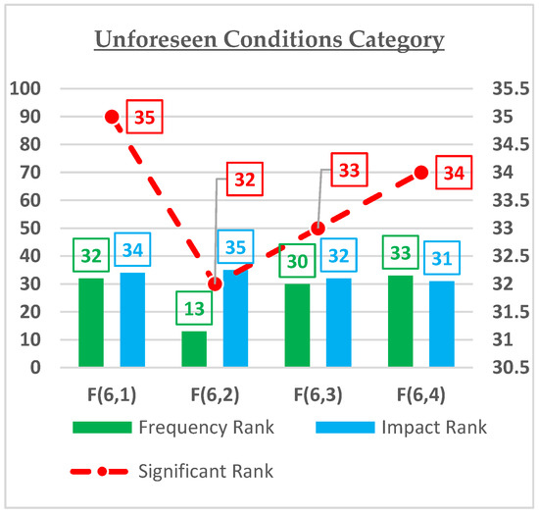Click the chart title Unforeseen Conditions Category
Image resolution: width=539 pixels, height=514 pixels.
click(269, 40)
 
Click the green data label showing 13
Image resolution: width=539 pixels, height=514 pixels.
click(194, 311)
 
